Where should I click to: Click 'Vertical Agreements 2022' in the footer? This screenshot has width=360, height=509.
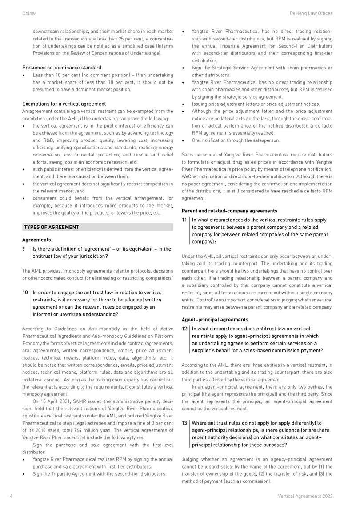(305, 495)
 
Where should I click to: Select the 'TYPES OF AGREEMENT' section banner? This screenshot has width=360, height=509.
(97, 227)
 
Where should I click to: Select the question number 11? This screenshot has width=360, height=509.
(184, 220)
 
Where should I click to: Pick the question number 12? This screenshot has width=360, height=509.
(185, 329)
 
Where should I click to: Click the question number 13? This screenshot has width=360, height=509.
(185, 422)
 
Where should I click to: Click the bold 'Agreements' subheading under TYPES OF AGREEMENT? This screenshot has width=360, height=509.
(36, 240)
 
